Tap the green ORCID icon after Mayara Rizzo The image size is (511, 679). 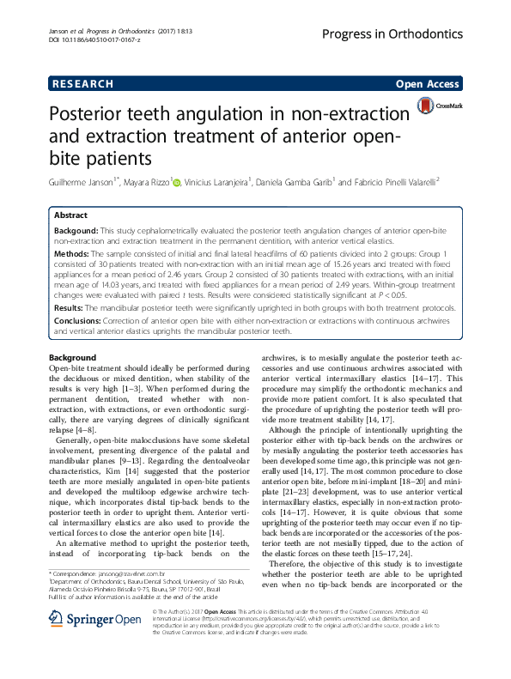click(176, 181)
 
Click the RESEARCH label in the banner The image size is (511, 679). click(82, 84)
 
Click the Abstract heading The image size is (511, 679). click(70, 215)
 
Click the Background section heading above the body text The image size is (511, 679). click(72, 357)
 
